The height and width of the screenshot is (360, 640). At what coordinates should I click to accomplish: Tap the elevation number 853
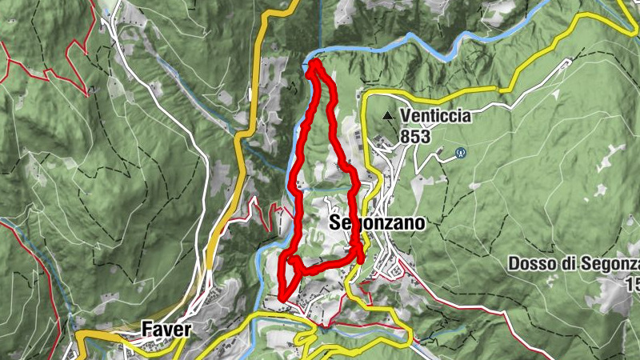415,137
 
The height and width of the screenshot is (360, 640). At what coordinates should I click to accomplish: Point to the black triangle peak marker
389,117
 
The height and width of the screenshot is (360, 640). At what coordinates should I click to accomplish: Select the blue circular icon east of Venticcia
460,151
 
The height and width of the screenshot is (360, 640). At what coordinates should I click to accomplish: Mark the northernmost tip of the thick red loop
313,62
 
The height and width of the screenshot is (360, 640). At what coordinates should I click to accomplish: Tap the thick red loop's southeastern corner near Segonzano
361,258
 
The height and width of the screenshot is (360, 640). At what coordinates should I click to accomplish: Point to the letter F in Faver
146,328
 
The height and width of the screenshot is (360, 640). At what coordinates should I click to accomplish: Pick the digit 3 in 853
426,137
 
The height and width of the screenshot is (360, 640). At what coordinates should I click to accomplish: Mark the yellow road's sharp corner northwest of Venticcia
364,94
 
